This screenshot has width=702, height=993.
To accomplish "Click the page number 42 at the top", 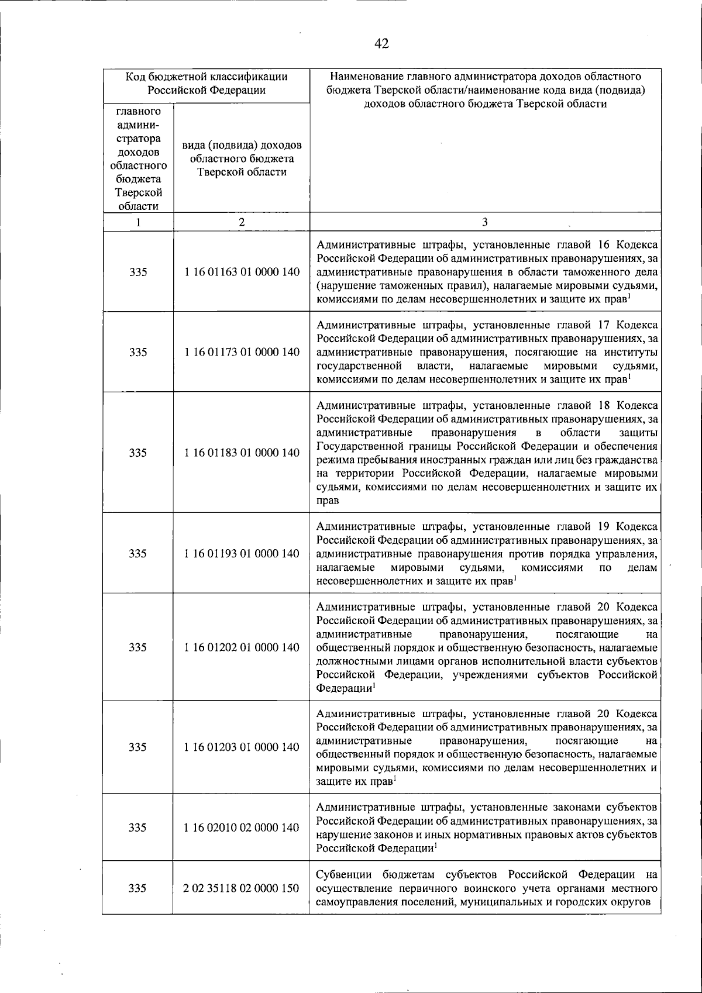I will coord(381,44).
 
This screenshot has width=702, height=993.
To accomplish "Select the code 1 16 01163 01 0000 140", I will coord(242,272).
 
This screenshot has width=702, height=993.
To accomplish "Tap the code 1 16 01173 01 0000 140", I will coord(242,352).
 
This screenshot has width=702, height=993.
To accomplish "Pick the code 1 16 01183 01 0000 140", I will coord(242,453).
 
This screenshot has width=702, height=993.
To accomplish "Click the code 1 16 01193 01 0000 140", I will coord(242,553).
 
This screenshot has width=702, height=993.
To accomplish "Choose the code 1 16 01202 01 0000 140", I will coord(242,647).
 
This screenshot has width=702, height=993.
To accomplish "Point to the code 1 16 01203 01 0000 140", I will coord(242,747).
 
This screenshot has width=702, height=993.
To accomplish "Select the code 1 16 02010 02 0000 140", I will coord(242,828).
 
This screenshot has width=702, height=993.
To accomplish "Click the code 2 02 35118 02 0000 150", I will coord(242,888).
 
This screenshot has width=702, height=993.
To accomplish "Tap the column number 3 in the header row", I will coord(485,222).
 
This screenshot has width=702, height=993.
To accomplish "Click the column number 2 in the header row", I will coord(242,222).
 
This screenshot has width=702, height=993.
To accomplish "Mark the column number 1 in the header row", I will coord(138,222).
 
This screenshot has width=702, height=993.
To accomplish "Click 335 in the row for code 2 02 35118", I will coord(138,888).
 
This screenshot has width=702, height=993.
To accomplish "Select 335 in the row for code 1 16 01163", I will coord(138,272).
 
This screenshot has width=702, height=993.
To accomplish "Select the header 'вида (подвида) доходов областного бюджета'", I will coord(242,158).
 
